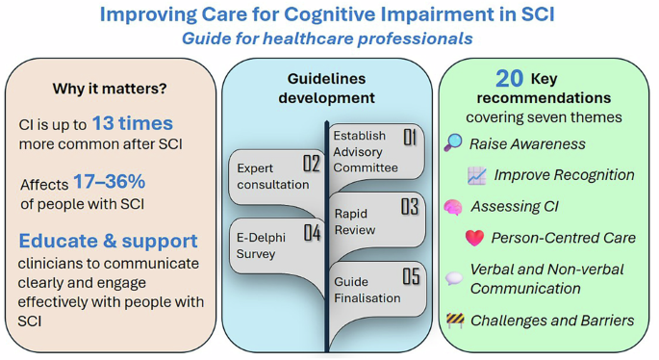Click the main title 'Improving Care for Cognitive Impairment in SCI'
pos(328,15)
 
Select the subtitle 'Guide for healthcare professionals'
pos(327,39)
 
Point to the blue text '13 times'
pos(133,123)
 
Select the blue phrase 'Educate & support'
pos(109,240)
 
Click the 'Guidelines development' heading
pos(327,88)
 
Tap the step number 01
pos(409,138)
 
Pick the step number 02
pos(311,164)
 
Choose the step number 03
pos(409,206)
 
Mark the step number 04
pos(311,232)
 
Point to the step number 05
pos(410,277)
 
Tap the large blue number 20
pos(509,78)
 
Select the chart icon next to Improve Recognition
pos(477,175)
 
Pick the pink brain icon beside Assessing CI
pos(453,207)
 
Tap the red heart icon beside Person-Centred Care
pos(474,238)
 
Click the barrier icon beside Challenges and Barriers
pos(454,320)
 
